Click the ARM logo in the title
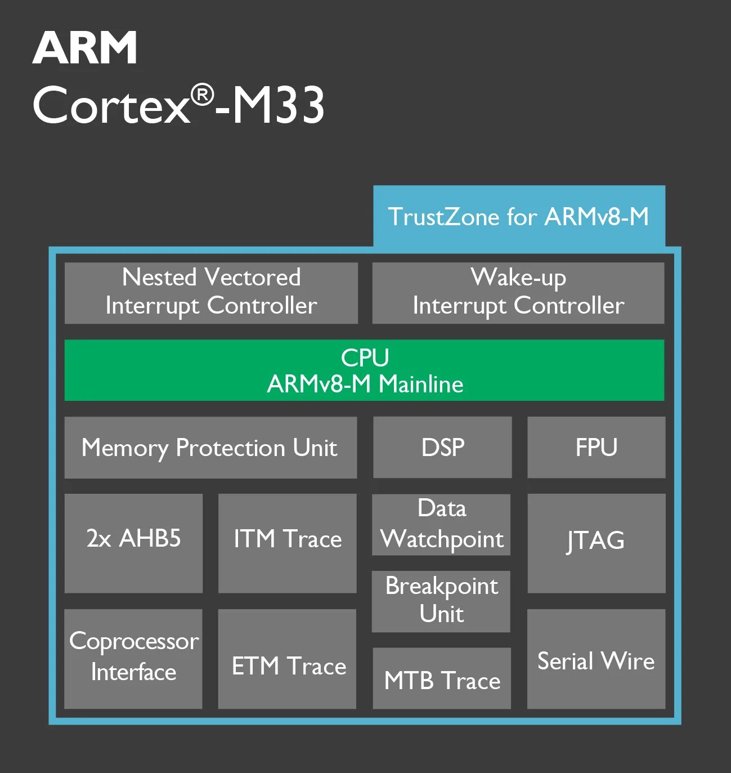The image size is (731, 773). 85,48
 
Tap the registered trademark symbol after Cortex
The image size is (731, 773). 202,95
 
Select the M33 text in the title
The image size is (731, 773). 279,105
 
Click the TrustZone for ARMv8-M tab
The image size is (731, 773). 518,217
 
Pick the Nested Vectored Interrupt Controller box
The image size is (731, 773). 211,293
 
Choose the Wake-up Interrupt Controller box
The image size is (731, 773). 518,293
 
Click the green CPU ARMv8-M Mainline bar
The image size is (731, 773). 364,370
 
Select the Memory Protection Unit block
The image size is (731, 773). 210,448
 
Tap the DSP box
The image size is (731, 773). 442,448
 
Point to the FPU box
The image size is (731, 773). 596,448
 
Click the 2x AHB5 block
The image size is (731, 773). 133,543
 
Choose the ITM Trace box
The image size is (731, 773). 287,543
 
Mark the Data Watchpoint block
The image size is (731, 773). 441,524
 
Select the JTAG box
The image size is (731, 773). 596,543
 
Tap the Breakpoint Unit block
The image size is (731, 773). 441,601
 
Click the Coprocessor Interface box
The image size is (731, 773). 133,658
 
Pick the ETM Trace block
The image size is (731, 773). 287,658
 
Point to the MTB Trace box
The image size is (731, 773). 442,678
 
